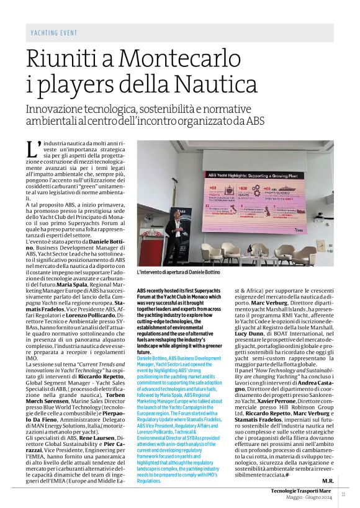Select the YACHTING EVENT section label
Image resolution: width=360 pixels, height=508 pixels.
(54, 32)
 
